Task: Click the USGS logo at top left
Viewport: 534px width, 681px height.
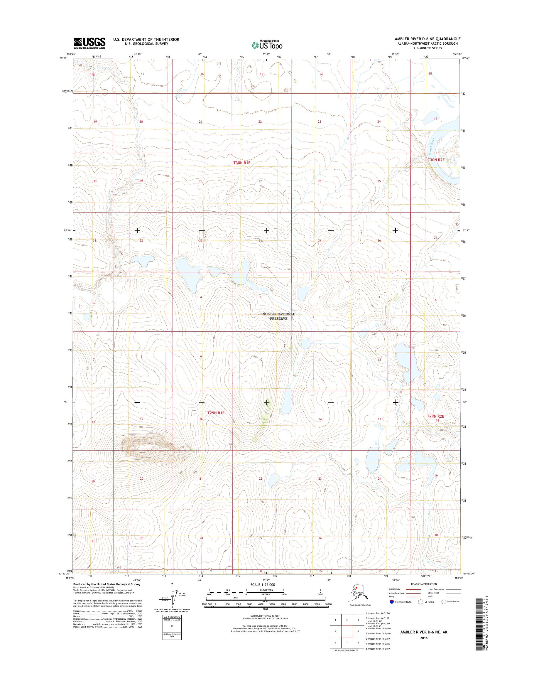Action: (x=89, y=43)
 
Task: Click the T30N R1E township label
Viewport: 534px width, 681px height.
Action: (x=242, y=163)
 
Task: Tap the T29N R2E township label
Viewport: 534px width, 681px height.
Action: (x=435, y=416)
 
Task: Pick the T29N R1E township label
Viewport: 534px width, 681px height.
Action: (x=216, y=413)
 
